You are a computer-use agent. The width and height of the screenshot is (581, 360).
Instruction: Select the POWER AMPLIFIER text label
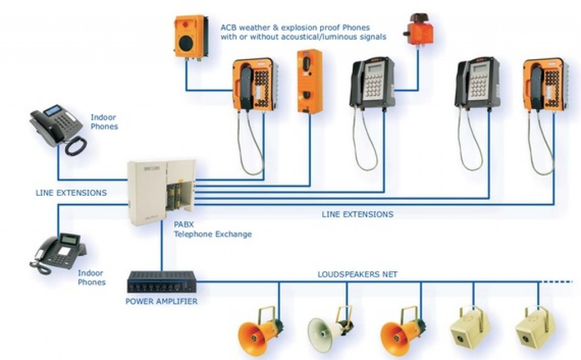coord(161,301)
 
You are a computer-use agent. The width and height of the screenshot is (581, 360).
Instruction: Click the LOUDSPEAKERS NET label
coord(357,274)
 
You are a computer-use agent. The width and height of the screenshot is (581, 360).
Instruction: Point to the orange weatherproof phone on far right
coord(545,85)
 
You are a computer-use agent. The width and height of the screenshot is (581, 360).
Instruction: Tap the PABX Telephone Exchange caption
coord(213,229)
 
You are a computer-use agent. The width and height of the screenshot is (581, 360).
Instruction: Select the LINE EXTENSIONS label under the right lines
coord(357,215)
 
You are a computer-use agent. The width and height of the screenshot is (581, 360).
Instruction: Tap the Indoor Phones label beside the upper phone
coord(104,122)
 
